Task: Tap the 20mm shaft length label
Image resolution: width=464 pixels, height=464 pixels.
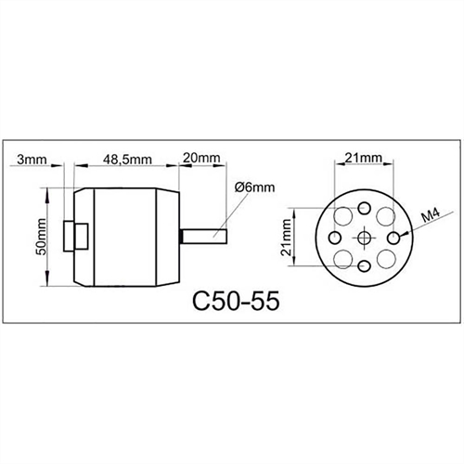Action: point(200,159)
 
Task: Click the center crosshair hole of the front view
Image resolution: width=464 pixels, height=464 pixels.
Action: point(364,238)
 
